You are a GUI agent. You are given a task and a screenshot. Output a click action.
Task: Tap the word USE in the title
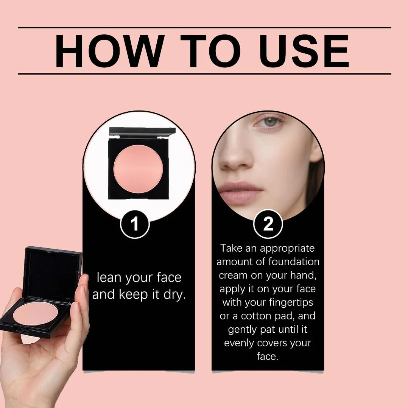click(x=305, y=51)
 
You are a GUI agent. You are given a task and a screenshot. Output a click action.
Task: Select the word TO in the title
click(x=210, y=51)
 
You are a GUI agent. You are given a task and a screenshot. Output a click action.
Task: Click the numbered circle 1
click(x=135, y=224)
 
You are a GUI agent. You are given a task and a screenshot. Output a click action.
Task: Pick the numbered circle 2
click(x=268, y=224)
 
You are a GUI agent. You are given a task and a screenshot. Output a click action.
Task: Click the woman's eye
click(x=269, y=121)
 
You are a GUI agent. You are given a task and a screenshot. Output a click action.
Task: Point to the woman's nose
click(x=235, y=154)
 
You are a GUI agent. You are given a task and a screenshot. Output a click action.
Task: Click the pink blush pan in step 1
click(x=138, y=169)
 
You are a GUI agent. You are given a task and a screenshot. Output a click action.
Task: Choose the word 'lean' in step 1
click(x=109, y=277)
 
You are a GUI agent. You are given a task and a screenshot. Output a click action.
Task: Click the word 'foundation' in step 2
click(x=294, y=262)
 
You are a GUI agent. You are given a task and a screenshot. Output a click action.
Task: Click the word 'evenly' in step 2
click(x=239, y=343)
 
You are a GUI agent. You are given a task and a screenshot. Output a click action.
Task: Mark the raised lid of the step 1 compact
click(x=142, y=132)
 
